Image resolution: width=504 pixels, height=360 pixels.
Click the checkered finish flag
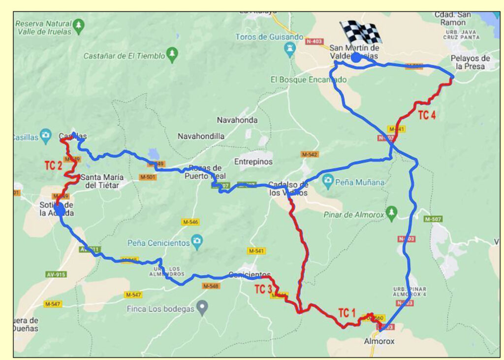pos(362,33)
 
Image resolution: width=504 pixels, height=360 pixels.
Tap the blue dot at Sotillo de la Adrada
pos(59,210)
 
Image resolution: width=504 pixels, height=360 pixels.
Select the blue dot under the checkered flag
pos(356,58)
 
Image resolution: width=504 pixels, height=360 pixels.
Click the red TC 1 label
pos(346,313)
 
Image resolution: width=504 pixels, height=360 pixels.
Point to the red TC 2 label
pos(53,165)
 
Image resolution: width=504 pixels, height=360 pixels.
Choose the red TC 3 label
pos(263,289)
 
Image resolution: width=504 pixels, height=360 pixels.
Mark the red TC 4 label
pos(426,116)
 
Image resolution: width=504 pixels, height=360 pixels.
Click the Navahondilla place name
pos(201,136)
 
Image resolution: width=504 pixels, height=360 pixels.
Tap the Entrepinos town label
pos(253,162)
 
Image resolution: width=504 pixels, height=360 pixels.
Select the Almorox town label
pos(379,341)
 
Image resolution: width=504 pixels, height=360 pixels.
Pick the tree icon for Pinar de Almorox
pos(391,212)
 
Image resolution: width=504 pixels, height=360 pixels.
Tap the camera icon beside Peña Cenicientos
pos(197,242)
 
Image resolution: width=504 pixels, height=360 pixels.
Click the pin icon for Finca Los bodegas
pos(202,308)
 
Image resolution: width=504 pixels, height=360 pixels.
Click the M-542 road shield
pos(310,154)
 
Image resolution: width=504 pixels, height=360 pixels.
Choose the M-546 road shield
pos(190,222)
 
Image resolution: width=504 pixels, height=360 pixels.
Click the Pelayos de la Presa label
pos(470,62)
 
